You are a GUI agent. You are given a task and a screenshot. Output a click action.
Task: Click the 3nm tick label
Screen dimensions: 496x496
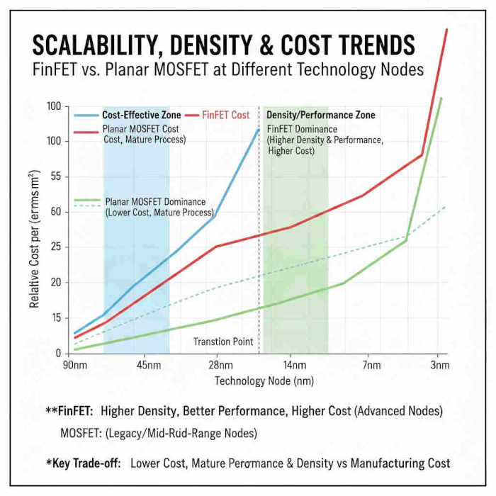click(x=439, y=366)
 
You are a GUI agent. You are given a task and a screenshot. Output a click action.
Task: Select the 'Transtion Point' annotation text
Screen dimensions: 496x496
click(x=223, y=342)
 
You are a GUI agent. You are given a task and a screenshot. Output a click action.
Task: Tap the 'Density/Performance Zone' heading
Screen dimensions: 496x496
click(x=320, y=115)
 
